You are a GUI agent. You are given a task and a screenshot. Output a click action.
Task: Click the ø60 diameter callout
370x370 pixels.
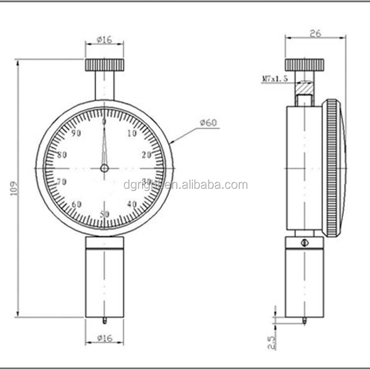coord(208,123)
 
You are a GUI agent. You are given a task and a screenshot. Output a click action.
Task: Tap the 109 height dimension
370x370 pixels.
coord(14,188)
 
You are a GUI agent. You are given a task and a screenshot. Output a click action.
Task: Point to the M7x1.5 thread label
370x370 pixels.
coord(275,78)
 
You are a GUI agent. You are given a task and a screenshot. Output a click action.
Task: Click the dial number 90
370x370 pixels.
coord(76,133)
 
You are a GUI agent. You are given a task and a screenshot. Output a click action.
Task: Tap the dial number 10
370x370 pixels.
coord(132,133)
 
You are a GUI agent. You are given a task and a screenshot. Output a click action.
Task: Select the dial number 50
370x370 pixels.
coord(104,214)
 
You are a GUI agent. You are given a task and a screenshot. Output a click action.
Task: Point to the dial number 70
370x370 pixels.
coord(62,182)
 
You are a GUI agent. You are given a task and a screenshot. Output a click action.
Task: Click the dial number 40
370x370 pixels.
coord(132,204)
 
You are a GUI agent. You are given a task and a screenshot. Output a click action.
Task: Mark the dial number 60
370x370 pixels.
coord(76,204)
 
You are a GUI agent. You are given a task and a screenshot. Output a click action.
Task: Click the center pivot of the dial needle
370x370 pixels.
coord(104,168)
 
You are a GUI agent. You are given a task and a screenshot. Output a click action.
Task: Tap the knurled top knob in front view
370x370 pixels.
coord(105,65)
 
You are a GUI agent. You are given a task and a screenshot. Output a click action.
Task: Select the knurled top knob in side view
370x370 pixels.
coord(304,65)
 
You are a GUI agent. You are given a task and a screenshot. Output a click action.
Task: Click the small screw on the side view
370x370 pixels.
coord(304,242)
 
